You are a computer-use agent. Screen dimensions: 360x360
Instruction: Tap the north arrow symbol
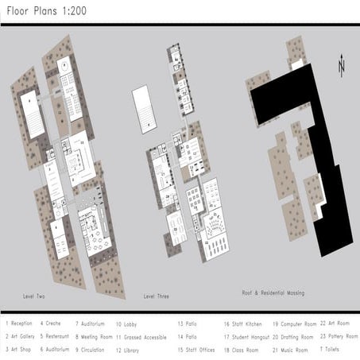341,64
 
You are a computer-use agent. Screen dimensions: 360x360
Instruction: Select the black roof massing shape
318,159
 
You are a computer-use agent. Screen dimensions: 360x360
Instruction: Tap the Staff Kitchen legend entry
242,323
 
